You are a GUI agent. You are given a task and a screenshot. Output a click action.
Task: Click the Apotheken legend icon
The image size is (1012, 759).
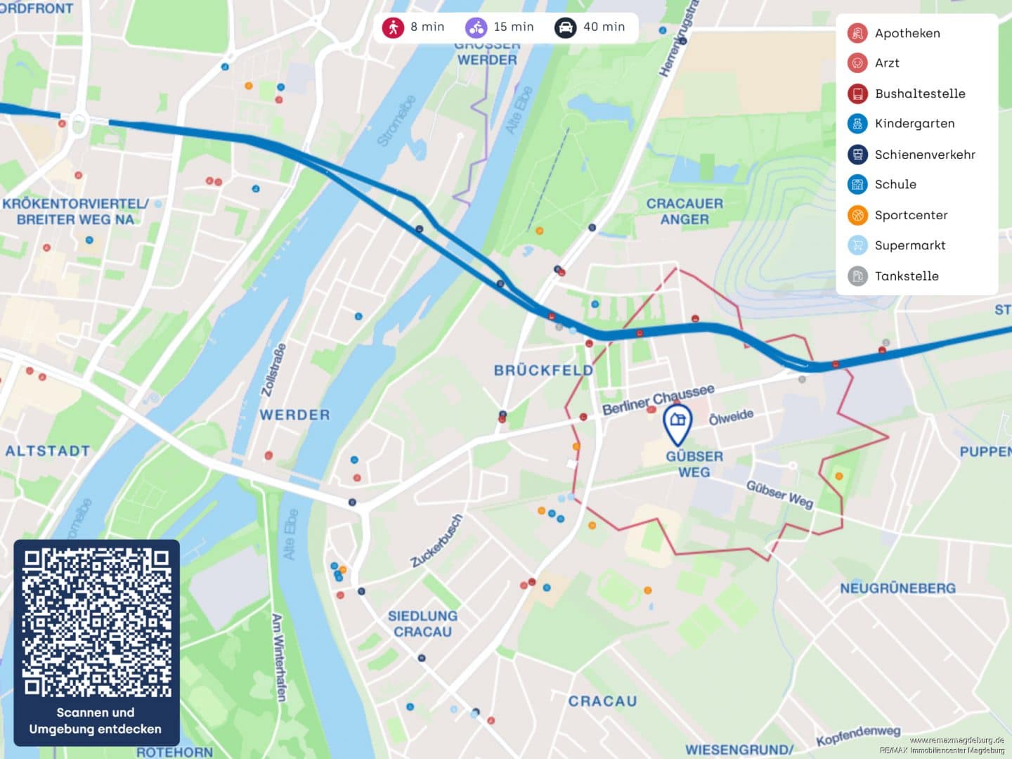pyautogui.click(x=857, y=33)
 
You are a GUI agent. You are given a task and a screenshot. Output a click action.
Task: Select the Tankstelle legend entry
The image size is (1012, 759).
pyautogui.click(x=907, y=276)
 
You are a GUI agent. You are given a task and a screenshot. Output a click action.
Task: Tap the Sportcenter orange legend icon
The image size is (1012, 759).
pyautogui.click(x=857, y=215)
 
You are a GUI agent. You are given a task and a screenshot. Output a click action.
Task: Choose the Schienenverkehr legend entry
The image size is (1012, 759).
pyautogui.click(x=924, y=155)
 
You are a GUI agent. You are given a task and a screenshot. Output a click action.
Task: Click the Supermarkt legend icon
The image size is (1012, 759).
pyautogui.click(x=857, y=245)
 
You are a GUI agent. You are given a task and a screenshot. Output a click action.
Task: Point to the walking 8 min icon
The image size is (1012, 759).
pyautogui.click(x=393, y=27)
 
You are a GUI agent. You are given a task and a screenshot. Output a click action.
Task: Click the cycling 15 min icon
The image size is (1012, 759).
pyautogui.click(x=476, y=27)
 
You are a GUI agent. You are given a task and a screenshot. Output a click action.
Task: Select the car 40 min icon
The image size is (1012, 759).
pyautogui.click(x=565, y=27)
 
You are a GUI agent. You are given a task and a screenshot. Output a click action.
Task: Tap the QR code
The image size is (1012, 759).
pyautogui.click(x=96, y=623)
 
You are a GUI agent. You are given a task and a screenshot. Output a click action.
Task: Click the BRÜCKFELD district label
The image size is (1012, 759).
pyautogui.click(x=543, y=370)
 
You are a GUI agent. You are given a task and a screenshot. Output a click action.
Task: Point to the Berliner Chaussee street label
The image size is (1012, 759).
pyautogui.click(x=658, y=399)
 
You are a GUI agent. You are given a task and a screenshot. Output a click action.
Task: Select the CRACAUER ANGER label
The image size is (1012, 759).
pyautogui.click(x=684, y=212)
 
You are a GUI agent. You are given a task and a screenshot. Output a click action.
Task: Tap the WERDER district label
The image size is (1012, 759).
pyautogui.click(x=294, y=415)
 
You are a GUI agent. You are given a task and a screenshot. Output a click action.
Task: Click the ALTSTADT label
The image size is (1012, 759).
pyautogui.click(x=48, y=451)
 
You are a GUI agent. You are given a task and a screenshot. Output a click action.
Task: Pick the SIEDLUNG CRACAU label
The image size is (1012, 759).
pyautogui.click(x=422, y=624)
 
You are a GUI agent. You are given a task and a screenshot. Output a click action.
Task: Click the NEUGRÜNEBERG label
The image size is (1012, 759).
pyautogui.click(x=897, y=588)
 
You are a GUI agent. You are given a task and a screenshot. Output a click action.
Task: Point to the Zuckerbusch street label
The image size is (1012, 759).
pyautogui.click(x=437, y=540)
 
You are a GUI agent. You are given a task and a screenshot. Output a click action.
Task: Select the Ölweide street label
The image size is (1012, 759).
pyautogui.click(x=731, y=417)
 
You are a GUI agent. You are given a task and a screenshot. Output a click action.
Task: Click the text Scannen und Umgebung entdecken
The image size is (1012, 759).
pyautogui.click(x=96, y=721)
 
